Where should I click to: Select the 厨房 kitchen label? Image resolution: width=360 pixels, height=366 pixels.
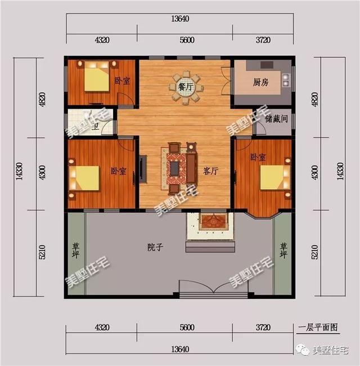click(260, 82)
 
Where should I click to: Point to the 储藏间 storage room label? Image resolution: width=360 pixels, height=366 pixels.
click(276, 119)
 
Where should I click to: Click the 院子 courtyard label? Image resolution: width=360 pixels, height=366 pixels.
click(155, 247)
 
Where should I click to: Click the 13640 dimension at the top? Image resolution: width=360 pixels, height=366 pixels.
click(179, 18)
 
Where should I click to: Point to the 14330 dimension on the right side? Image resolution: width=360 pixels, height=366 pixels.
click(339, 171)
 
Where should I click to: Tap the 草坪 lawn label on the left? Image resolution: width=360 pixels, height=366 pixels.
click(75, 250)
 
